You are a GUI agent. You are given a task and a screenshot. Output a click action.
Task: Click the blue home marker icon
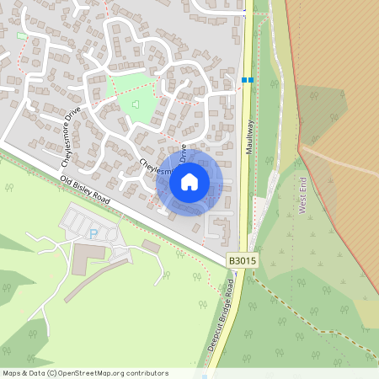[x=189, y=181]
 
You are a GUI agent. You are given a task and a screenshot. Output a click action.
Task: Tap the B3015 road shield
[x=240, y=262]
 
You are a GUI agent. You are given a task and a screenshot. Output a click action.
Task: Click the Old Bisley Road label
[x=85, y=192]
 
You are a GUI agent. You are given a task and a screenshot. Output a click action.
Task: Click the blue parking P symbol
[x=93, y=233]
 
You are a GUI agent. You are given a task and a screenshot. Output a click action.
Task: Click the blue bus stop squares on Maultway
[x=248, y=80]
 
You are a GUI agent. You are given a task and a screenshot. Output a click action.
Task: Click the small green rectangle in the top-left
[x=22, y=36]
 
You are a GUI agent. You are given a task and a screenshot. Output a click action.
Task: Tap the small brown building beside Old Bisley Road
[x=151, y=245]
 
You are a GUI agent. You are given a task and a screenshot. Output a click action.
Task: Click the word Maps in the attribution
[x=12, y=373]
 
